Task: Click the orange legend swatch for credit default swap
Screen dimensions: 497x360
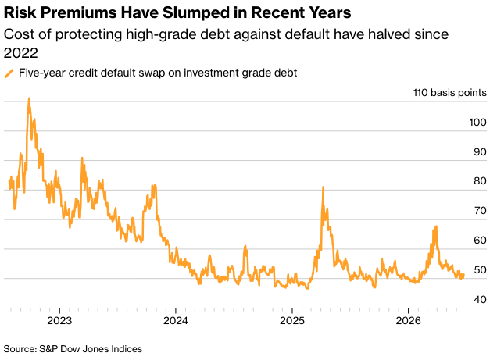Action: point(9,73)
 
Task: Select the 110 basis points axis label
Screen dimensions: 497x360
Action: point(450,93)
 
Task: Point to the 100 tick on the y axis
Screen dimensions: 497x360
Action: point(477,123)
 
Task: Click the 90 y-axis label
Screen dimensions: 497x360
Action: point(480,152)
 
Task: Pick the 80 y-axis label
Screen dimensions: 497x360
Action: point(480,181)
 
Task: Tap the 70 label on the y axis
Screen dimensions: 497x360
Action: point(480,211)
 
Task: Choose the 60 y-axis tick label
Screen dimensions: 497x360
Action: point(480,241)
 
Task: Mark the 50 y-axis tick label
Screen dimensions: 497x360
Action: point(480,270)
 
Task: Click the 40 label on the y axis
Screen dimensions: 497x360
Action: point(480,300)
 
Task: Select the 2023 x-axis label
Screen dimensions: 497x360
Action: point(59,321)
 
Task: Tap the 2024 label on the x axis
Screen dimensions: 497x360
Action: point(176,321)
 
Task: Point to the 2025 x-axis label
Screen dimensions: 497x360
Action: point(292,321)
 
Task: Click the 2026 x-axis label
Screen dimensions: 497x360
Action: point(408,321)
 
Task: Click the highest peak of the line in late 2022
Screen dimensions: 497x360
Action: point(29,98)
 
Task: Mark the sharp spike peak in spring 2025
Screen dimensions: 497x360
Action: point(323,187)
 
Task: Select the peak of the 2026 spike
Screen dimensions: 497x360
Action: point(437,226)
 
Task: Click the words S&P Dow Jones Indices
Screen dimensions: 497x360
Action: point(91,349)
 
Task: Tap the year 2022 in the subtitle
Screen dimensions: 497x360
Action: point(21,53)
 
